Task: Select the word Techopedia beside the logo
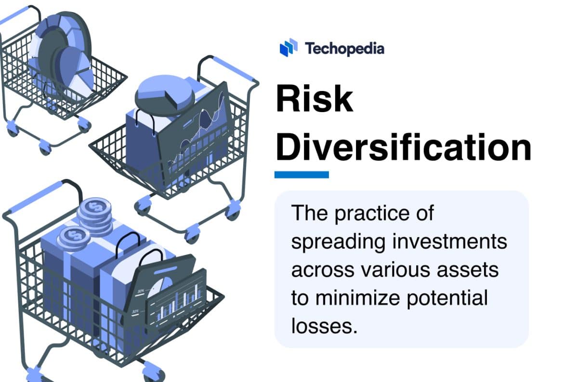coord(344,48)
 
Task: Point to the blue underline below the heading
coord(302,175)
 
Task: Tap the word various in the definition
coord(392,269)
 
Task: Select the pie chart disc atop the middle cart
coord(164,93)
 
